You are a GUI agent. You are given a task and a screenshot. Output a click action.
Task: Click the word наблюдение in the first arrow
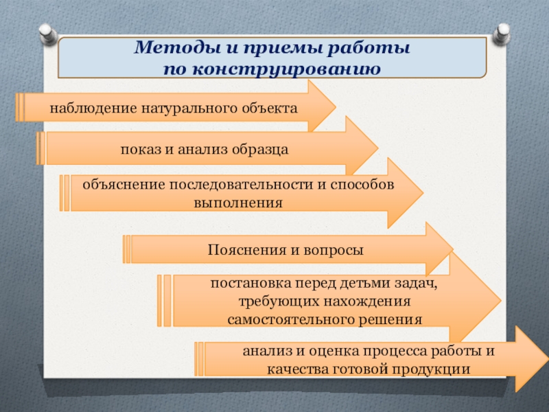(x=93, y=108)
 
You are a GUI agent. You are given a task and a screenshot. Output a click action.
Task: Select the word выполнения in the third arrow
(x=237, y=203)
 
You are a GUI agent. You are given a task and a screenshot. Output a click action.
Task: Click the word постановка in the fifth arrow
(x=248, y=284)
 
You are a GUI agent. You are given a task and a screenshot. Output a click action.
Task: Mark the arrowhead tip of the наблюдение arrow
(x=335, y=107)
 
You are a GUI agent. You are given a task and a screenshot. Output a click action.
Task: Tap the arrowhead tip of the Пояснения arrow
(x=453, y=249)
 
